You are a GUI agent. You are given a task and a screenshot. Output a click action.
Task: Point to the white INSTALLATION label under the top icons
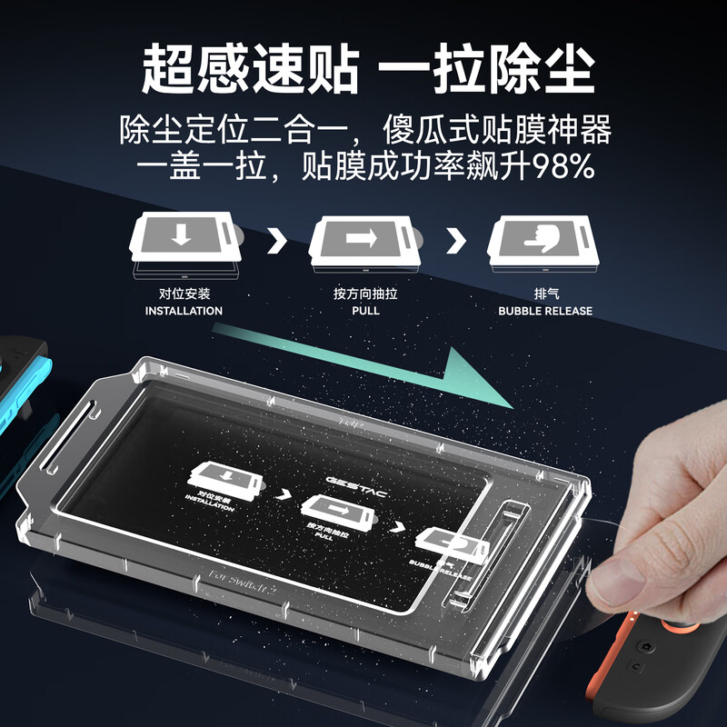(184, 311)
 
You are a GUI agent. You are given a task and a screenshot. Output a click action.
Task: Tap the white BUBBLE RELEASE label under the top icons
(545, 311)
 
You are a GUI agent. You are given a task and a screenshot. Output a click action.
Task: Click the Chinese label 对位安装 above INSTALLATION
(184, 294)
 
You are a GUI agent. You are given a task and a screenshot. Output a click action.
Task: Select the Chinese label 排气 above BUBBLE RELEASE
(545, 294)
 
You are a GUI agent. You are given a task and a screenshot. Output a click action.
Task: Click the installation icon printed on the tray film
(224, 480)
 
